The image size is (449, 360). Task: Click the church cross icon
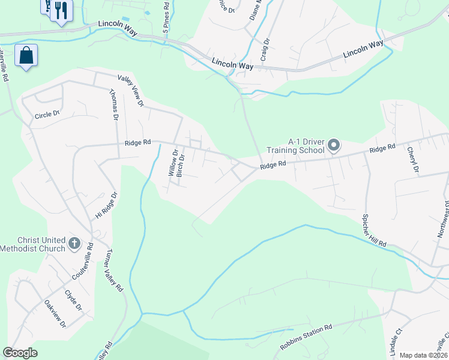[x=74, y=243]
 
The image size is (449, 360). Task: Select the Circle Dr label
[x=47, y=115]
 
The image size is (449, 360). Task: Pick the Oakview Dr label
[x=55, y=313]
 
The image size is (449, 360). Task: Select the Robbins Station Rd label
[x=306, y=338]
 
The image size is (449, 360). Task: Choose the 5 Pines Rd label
[x=166, y=16]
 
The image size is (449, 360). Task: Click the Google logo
[x=20, y=353]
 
